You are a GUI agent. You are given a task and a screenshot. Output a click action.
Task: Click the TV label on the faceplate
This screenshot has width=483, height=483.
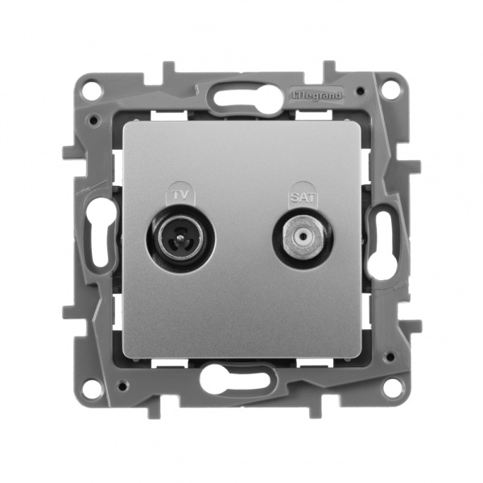(181, 196)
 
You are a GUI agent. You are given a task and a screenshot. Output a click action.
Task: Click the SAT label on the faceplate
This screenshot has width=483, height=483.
(303, 197)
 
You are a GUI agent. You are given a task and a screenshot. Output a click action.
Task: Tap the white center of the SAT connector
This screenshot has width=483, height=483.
(303, 237)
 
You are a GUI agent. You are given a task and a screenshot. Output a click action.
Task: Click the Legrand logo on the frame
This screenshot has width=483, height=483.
(316, 95)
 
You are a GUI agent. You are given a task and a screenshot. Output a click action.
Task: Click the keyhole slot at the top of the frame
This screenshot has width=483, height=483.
(242, 98)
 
